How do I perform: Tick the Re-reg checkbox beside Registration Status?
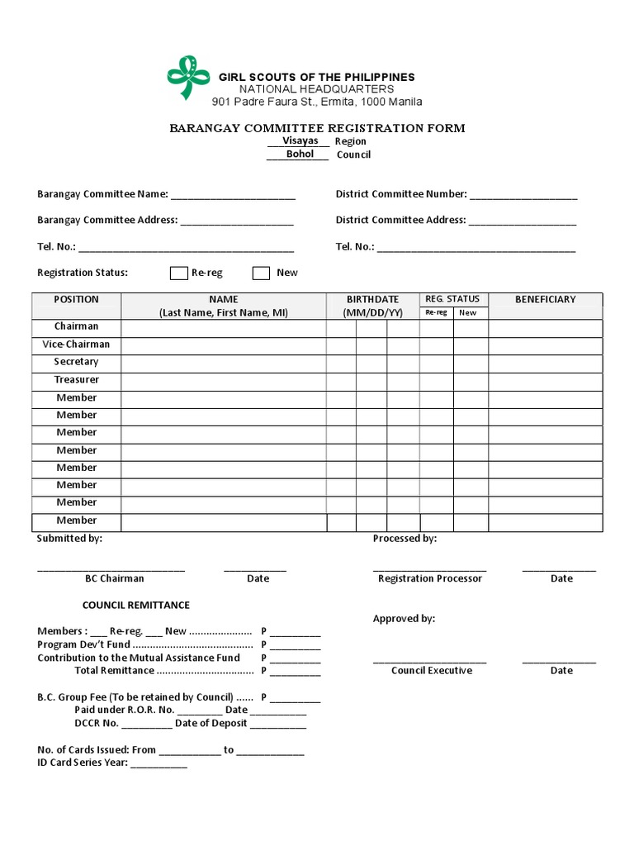click(179, 273)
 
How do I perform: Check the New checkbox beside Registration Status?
click(261, 273)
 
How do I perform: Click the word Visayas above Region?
click(300, 141)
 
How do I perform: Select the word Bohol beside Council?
click(300, 154)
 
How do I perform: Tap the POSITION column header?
click(76, 300)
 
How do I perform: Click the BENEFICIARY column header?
click(545, 300)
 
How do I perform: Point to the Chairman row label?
click(76, 326)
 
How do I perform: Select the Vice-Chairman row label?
click(76, 345)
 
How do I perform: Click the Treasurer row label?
click(76, 380)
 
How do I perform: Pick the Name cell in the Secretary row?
click(223, 363)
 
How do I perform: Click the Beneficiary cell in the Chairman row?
click(545, 328)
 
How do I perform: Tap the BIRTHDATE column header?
click(373, 300)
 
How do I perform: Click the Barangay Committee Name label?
click(102, 194)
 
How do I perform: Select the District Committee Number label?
click(401, 194)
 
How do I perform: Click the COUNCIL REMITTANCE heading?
click(135, 606)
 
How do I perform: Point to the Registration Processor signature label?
click(429, 578)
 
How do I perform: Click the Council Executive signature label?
click(431, 671)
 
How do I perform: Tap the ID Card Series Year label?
click(82, 763)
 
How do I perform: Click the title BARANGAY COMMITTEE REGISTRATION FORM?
click(317, 128)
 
